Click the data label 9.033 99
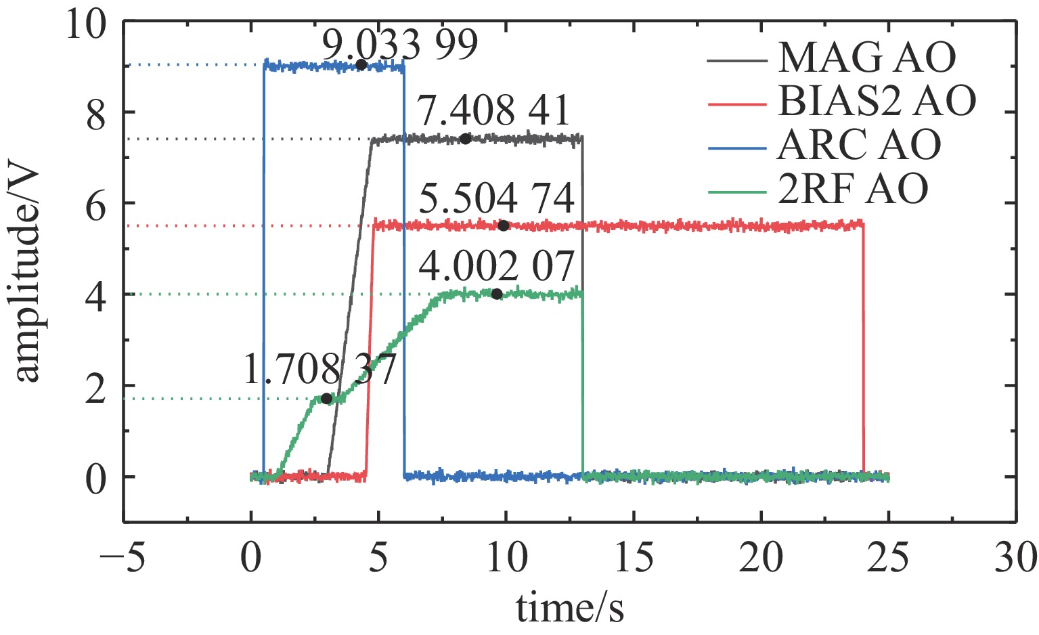point(399,45)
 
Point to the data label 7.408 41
point(494,111)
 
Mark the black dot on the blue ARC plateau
point(361,65)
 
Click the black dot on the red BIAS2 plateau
point(503,225)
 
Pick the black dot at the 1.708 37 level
point(327,399)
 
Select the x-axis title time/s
point(570,608)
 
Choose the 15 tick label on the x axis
point(634,560)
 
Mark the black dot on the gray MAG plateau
point(465,139)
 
